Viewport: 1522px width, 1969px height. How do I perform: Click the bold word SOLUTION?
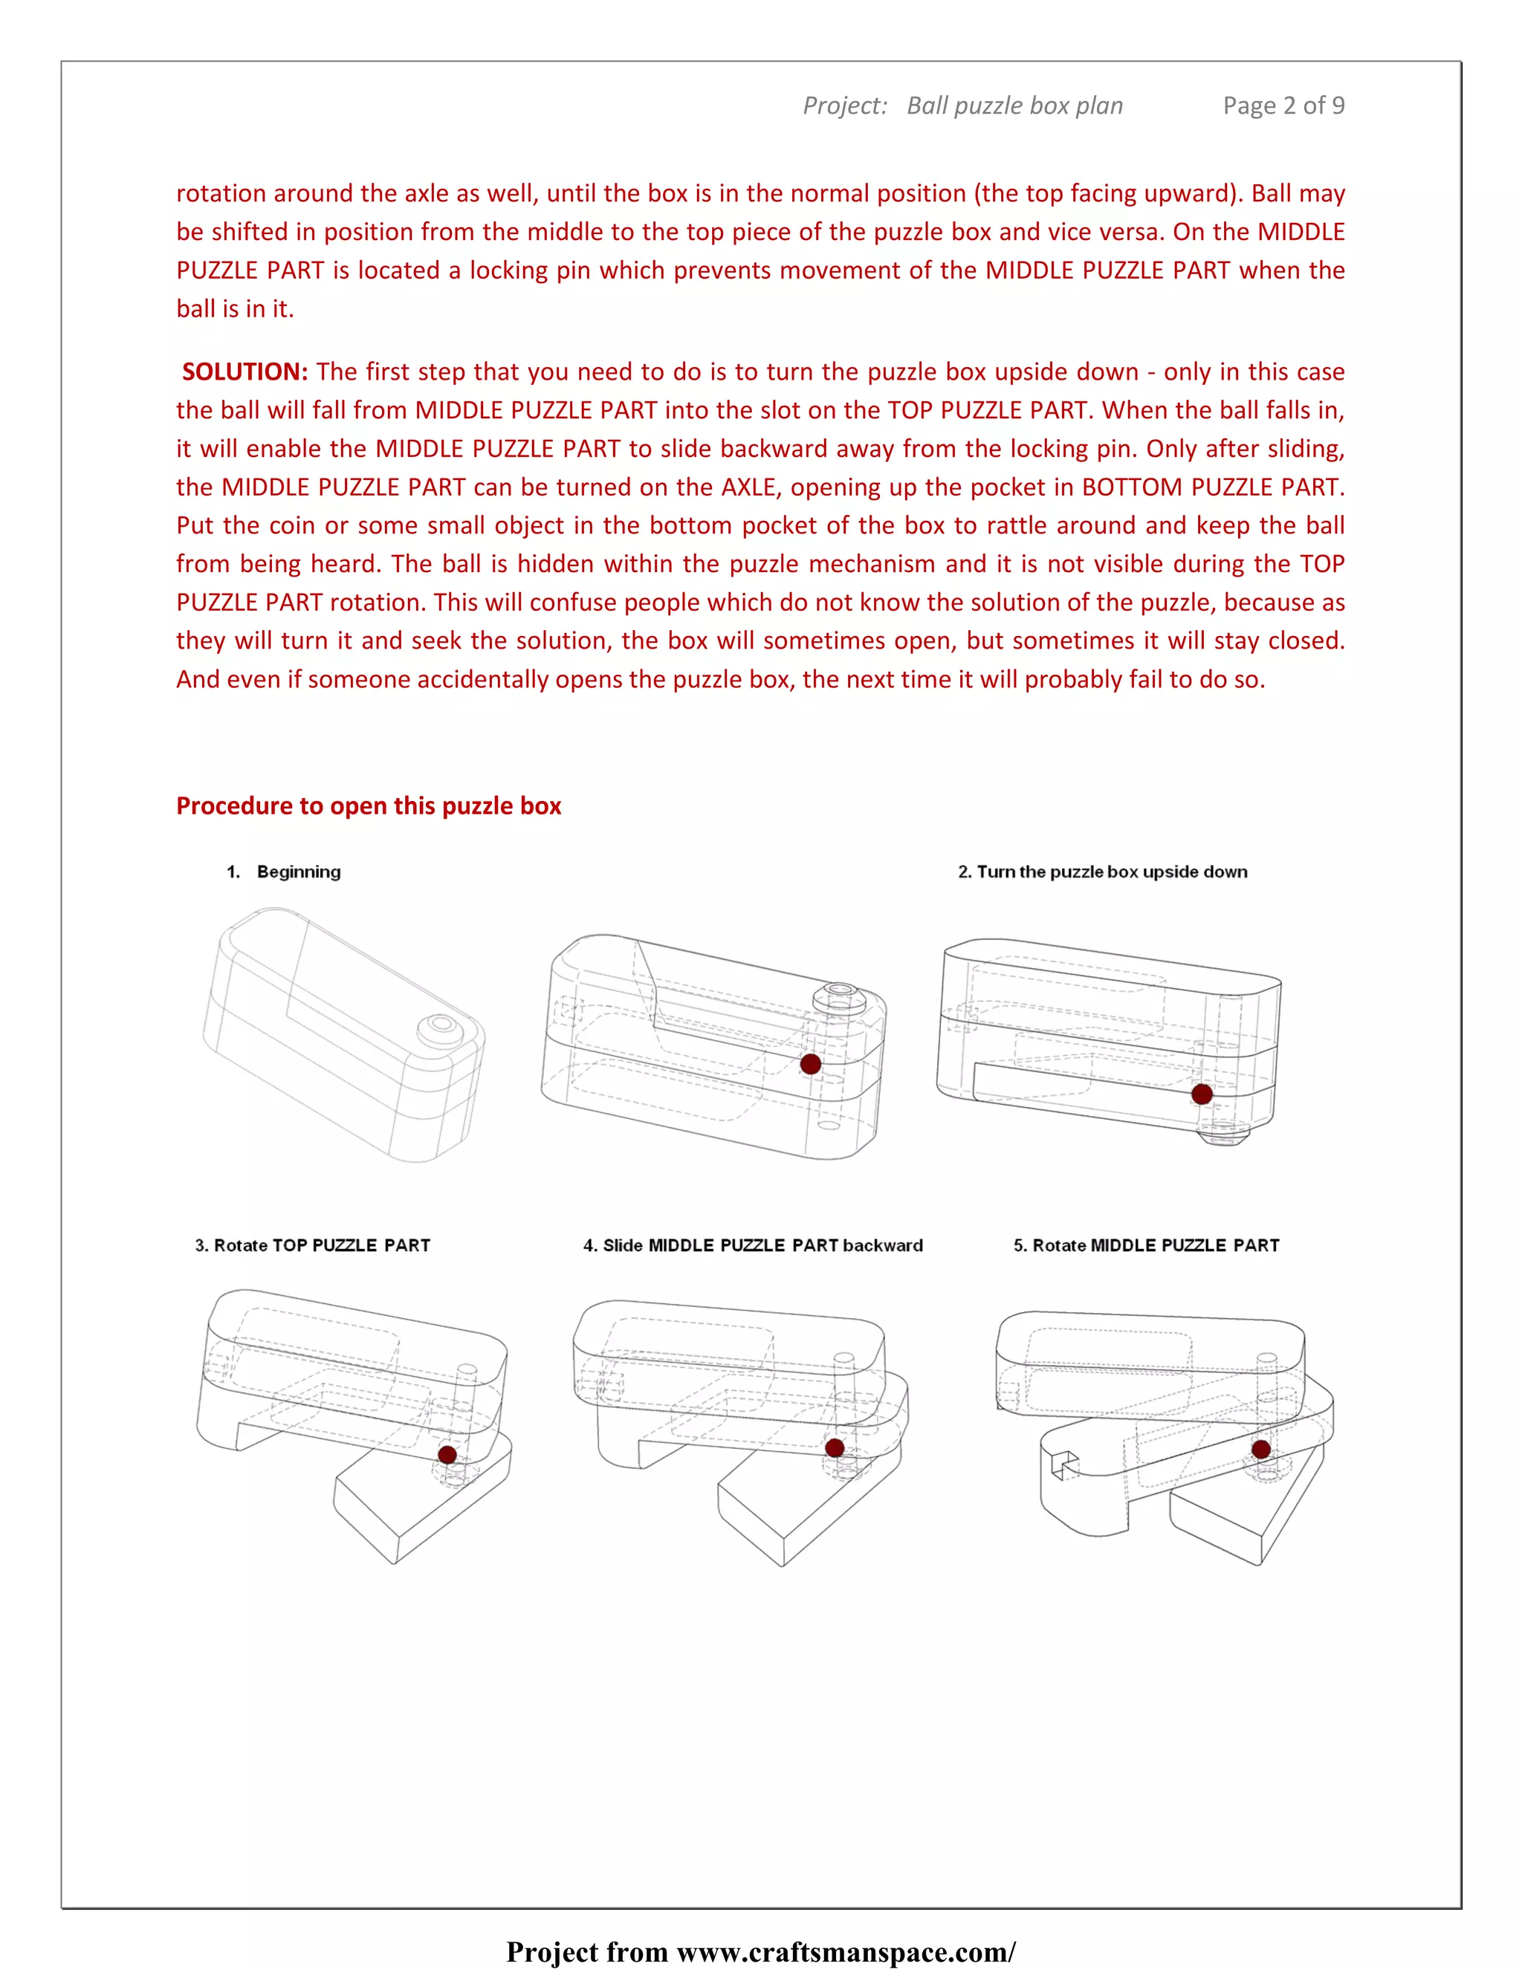point(245,372)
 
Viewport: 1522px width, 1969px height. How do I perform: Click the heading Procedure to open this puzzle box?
point(368,805)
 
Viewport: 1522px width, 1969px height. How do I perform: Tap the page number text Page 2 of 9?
point(1283,106)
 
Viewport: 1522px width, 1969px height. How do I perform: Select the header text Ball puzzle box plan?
point(1014,106)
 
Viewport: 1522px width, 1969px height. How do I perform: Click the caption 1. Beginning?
point(284,872)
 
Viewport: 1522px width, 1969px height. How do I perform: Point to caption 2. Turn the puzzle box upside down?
point(1102,872)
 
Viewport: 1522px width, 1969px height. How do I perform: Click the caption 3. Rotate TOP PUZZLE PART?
point(312,1245)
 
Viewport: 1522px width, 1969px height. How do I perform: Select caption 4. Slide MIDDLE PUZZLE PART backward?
point(753,1245)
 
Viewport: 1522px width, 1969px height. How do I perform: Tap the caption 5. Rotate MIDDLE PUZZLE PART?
point(1146,1245)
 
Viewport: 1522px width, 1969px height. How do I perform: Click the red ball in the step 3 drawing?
point(447,1454)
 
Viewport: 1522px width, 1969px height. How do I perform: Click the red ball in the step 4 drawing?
point(835,1448)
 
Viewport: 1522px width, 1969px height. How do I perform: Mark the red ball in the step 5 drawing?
point(1261,1450)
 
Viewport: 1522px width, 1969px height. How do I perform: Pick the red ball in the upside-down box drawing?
point(1202,1094)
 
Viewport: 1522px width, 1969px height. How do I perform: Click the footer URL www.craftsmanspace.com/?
point(846,1951)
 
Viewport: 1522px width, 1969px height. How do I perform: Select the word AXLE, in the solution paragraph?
point(752,487)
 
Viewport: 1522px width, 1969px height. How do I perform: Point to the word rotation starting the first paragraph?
point(221,193)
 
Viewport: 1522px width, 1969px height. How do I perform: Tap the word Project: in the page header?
point(845,106)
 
